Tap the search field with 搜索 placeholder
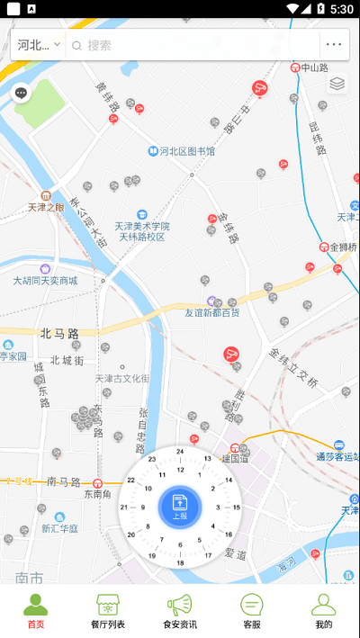click(x=193, y=45)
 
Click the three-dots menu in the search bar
click(x=334, y=45)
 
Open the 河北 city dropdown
click(x=39, y=45)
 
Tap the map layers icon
click(x=337, y=84)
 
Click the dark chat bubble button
click(x=22, y=93)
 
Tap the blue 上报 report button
click(x=180, y=507)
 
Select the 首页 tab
click(x=36, y=611)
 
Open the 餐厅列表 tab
click(x=108, y=611)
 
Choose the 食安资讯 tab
click(x=180, y=611)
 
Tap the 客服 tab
click(x=252, y=611)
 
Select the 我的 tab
click(x=324, y=611)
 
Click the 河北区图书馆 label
click(x=187, y=151)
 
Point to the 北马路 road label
click(x=59, y=333)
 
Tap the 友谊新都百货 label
click(x=212, y=312)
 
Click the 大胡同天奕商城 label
click(x=45, y=281)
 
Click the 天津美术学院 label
click(x=141, y=226)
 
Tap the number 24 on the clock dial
click(x=180, y=452)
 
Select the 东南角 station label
click(x=98, y=493)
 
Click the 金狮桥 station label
click(x=343, y=247)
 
